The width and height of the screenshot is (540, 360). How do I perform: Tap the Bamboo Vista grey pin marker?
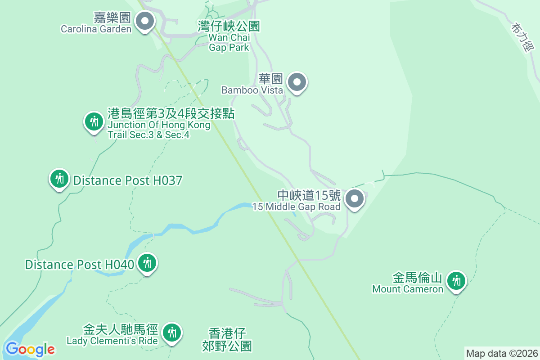(297, 82)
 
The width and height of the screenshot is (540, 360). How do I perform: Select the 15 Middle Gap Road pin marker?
(355, 198)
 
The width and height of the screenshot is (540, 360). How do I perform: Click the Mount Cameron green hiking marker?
(457, 281)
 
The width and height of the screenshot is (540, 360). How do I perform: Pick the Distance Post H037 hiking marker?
(59, 179)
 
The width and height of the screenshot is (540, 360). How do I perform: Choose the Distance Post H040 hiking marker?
(147, 263)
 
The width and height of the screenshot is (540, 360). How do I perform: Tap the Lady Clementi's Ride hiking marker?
(171, 333)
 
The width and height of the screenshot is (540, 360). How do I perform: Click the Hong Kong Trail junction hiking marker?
(94, 121)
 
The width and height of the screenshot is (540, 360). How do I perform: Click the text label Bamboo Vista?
(252, 90)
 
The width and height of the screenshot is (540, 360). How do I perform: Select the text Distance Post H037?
(128, 181)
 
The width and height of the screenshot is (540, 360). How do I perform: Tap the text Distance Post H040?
(79, 265)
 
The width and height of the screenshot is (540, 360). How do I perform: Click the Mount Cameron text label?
(408, 289)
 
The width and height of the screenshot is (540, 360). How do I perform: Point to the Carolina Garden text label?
(96, 29)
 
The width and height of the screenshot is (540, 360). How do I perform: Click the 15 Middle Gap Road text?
(296, 207)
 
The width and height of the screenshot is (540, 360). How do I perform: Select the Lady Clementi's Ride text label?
(112, 341)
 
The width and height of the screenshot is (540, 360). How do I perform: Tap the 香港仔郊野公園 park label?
(227, 339)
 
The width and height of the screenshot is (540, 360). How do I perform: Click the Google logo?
(30, 349)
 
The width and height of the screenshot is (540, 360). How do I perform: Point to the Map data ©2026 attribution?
(501, 353)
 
